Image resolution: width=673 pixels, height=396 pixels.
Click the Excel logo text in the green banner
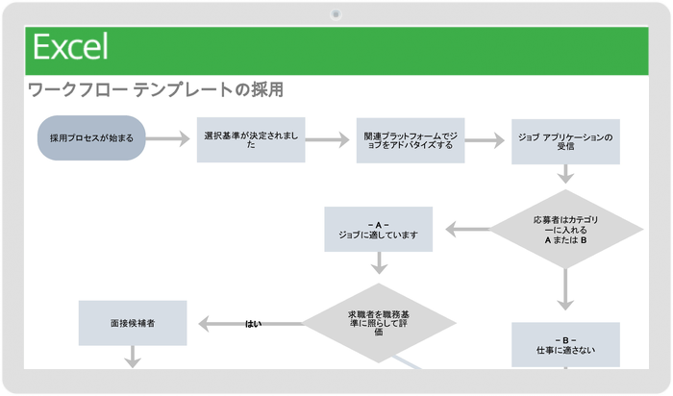click(x=70, y=47)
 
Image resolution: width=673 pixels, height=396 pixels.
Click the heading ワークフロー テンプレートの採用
click(x=155, y=90)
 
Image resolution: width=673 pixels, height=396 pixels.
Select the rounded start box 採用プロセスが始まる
click(x=91, y=138)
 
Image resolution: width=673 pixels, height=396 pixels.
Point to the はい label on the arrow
click(x=253, y=324)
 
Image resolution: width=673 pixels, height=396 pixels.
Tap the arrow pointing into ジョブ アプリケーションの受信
click(x=485, y=140)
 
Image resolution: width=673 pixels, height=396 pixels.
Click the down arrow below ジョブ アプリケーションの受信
click(x=565, y=175)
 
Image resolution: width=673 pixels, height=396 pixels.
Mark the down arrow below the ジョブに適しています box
click(x=379, y=263)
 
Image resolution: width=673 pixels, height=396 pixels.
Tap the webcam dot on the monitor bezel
click(x=336, y=14)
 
